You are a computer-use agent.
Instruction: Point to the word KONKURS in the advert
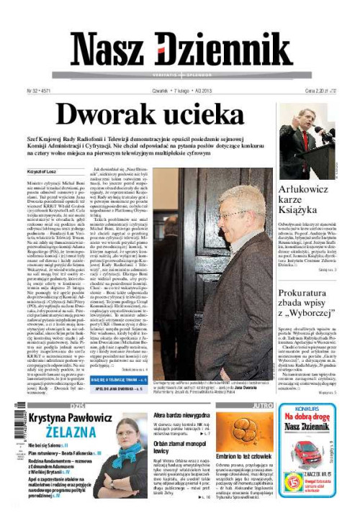[x=317, y=408]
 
